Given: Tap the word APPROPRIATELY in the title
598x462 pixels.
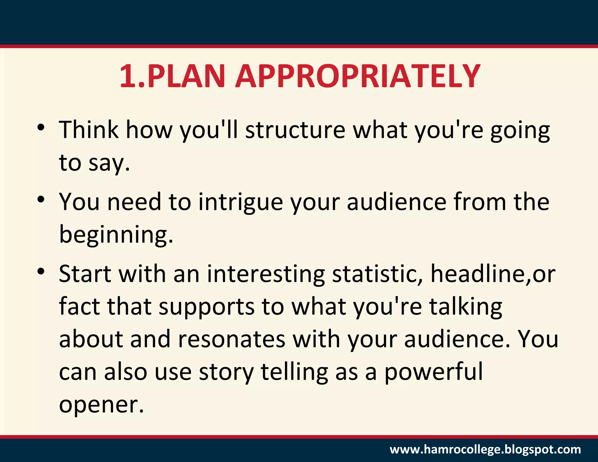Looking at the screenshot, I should click(x=358, y=76).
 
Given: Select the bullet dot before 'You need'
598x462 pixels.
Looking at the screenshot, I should click(x=41, y=199).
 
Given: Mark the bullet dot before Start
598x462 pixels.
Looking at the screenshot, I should click(x=41, y=271).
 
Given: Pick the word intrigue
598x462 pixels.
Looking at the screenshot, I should click(x=241, y=202).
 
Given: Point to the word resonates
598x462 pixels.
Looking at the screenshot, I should click(x=231, y=339).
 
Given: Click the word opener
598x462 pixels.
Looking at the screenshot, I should click(x=101, y=405).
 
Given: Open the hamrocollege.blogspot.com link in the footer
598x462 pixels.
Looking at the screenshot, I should click(x=485, y=449).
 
